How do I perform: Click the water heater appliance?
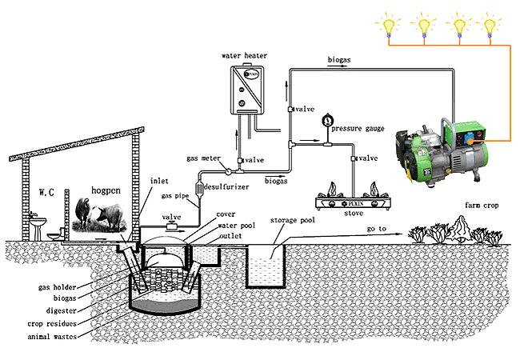[x=247, y=90]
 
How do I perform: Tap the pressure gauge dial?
[x=328, y=120]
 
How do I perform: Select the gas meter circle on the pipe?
[x=229, y=171]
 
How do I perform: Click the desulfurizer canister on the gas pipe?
[x=199, y=189]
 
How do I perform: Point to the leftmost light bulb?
[x=388, y=26]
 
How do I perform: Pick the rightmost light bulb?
[x=490, y=26]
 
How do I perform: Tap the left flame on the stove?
[x=332, y=190]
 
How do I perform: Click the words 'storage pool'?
[x=293, y=220]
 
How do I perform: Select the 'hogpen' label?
[x=106, y=190]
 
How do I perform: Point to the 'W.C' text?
[x=46, y=192]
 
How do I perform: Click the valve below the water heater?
[x=239, y=161]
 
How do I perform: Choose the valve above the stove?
[x=354, y=158]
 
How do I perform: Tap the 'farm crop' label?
[x=482, y=205]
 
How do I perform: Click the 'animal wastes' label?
[x=52, y=337]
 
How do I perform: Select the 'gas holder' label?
[x=57, y=287]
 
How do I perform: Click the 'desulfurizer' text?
[x=226, y=187]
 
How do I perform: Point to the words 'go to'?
[x=377, y=229]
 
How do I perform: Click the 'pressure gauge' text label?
[x=358, y=129]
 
